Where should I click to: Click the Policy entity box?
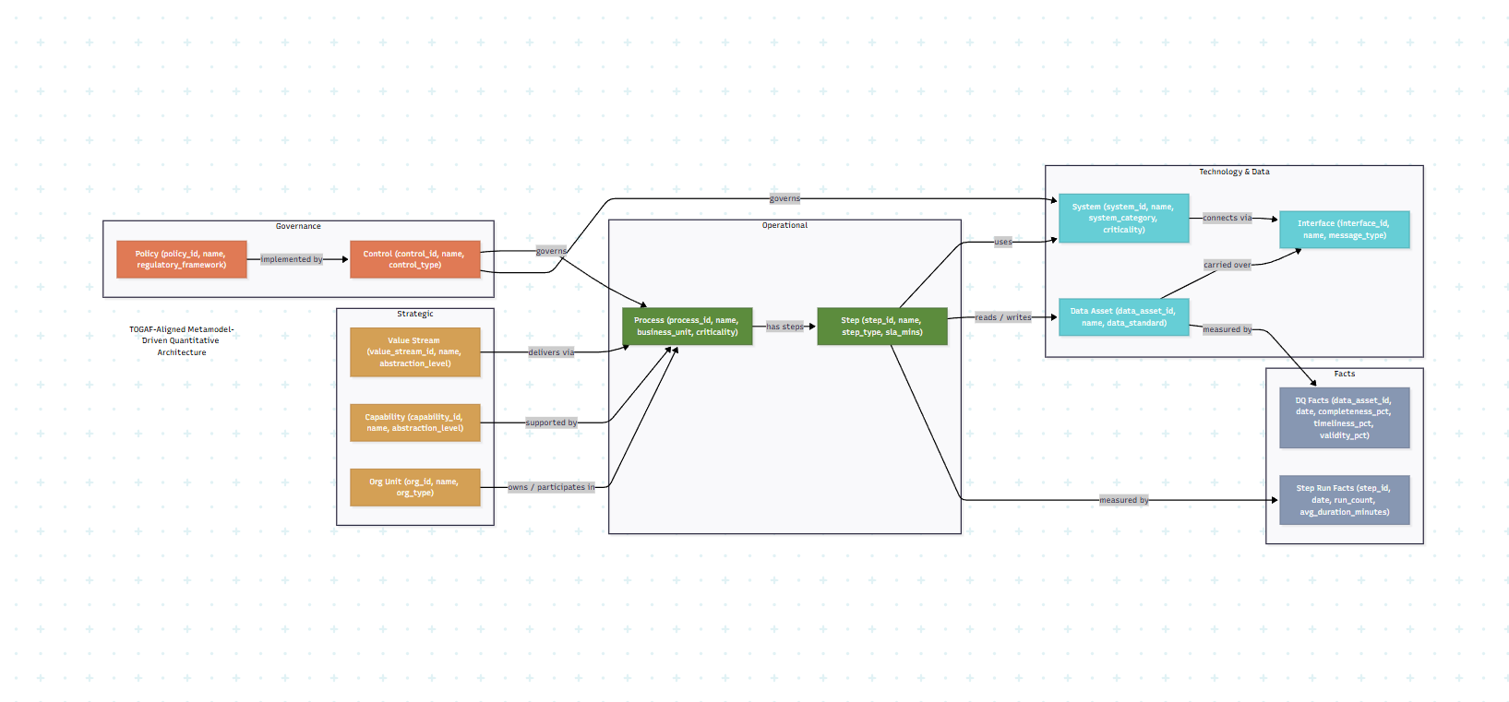coord(181,259)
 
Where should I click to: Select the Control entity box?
coord(414,259)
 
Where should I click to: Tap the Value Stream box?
coord(414,352)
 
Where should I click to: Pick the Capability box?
coord(414,422)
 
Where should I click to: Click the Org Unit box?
coord(414,487)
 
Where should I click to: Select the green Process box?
coord(687,327)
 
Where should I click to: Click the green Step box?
coord(881,327)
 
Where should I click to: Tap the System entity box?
coord(1123,219)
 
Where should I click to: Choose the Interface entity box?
coord(1344,230)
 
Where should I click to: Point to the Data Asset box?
coord(1123,317)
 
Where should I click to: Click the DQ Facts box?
coord(1344,418)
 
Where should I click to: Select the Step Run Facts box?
coord(1344,500)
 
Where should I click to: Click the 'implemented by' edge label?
coord(292,259)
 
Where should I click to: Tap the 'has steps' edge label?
coord(784,327)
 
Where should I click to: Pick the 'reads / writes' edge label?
coord(1003,317)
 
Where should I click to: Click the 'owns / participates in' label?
coord(551,487)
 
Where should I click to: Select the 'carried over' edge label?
coord(1227,265)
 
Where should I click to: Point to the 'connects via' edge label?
coord(1227,219)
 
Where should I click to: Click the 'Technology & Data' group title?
coord(1234,172)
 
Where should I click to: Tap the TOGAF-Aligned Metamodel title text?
coord(182,340)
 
